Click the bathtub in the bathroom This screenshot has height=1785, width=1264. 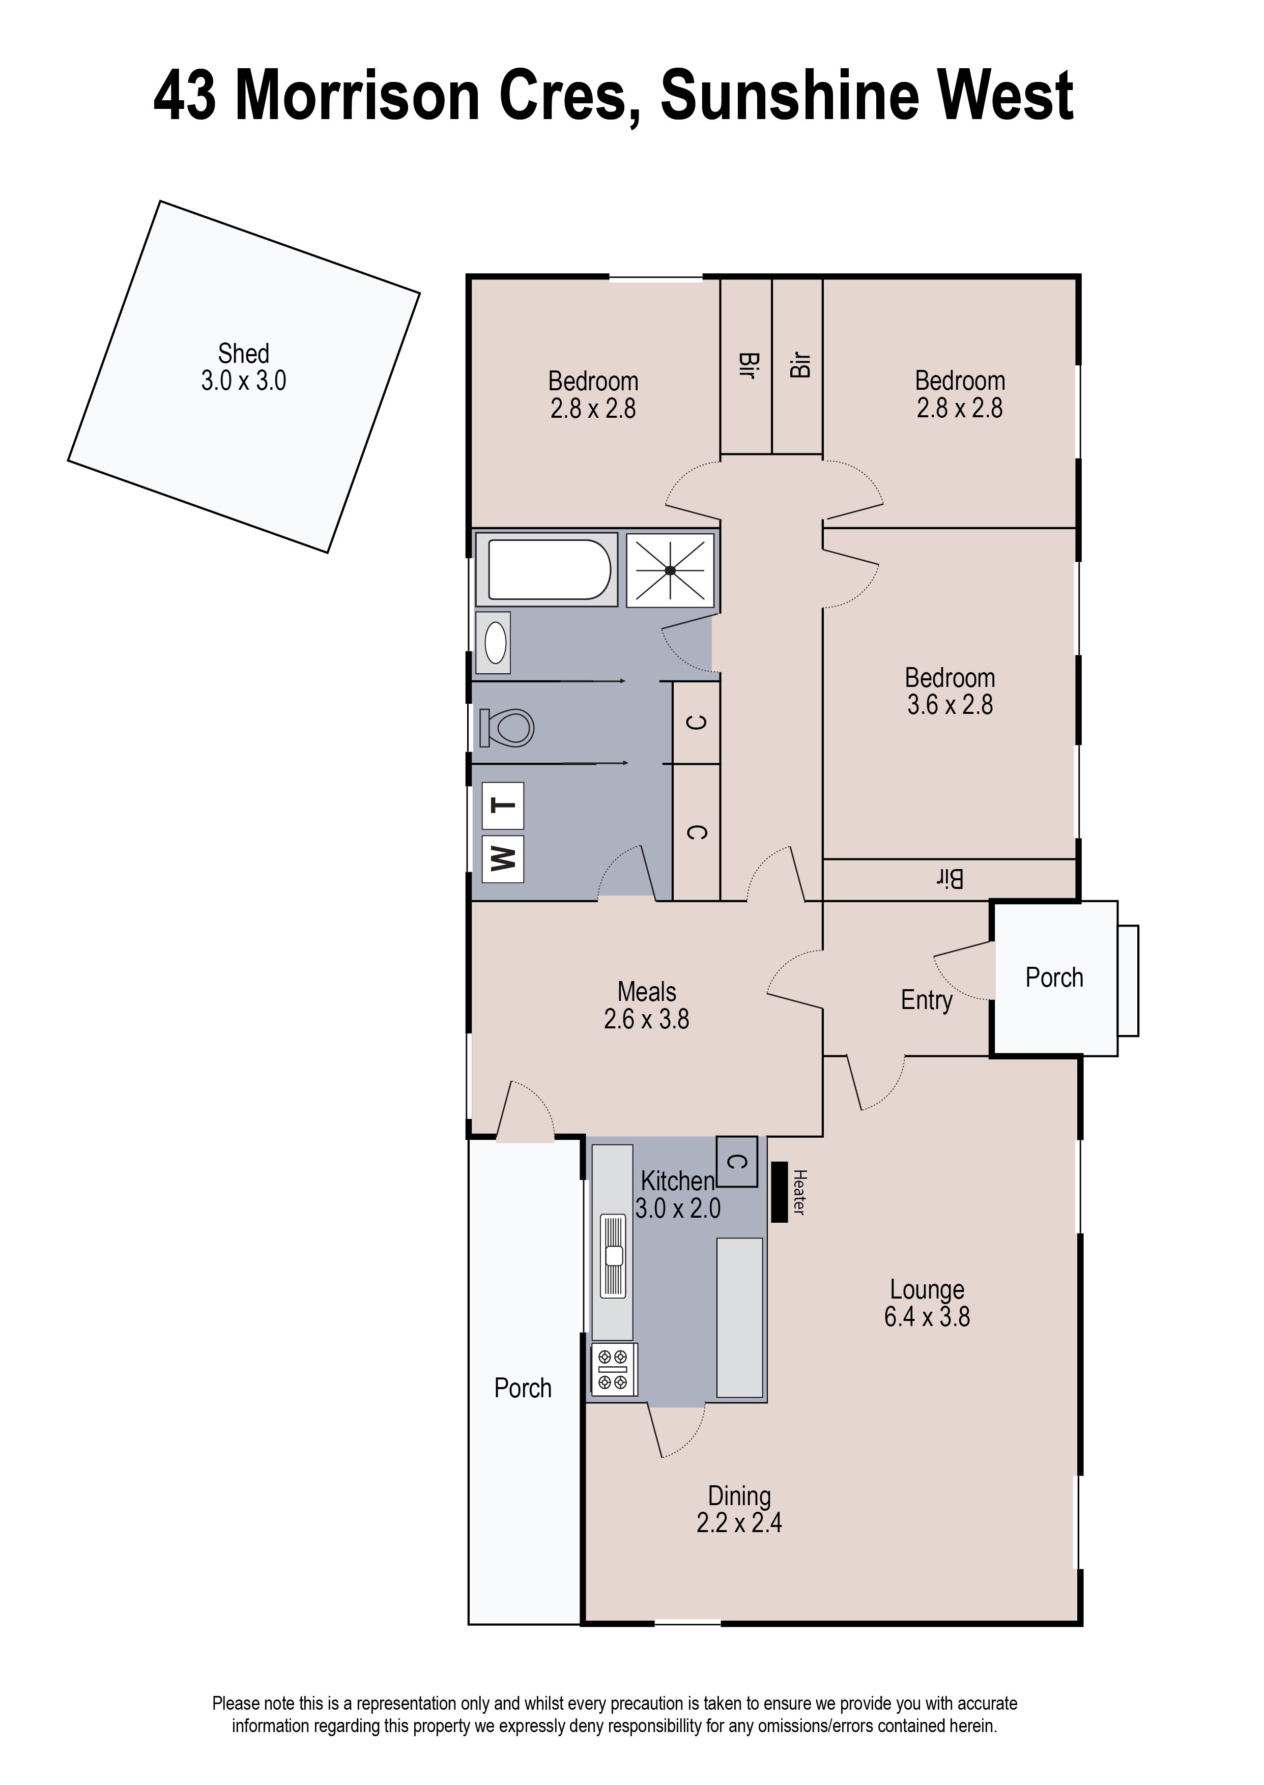[x=547, y=569]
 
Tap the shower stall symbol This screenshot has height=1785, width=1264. [x=670, y=569]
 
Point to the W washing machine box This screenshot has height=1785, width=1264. [x=503, y=859]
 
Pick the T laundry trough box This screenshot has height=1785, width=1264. [x=503, y=806]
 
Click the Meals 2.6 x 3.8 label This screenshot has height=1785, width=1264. [x=646, y=1005]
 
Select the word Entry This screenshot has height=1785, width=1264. [x=926, y=1000]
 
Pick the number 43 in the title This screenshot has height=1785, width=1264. [x=185, y=97]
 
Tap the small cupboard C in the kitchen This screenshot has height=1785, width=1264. [x=736, y=1162]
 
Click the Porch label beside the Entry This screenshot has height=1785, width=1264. [x=1054, y=977]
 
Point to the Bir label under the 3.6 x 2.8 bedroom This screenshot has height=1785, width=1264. [x=950, y=879]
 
